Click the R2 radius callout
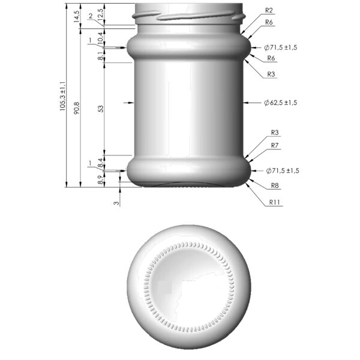[x=269, y=11]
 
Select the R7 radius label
[x=275, y=146]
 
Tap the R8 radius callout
[x=275, y=185]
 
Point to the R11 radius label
[x=275, y=202]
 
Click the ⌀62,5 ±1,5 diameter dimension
[x=281, y=103]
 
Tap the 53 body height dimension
[x=100, y=109]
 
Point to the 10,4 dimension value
[x=100, y=37]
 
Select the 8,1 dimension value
[x=100, y=56]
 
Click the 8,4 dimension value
[x=100, y=160]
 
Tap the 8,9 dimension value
[x=100, y=179]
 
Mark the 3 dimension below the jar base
[x=116, y=203]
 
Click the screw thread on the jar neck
[x=192, y=16]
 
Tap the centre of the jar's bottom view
[x=189, y=287]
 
